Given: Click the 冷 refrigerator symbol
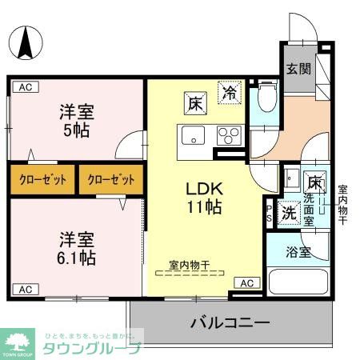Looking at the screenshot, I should point(230,92).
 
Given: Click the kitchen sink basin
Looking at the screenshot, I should point(193,136).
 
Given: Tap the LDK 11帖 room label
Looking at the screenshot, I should point(204,197).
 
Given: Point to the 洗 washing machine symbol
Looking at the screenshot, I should point(289,213).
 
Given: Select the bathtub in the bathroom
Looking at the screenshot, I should point(298,282).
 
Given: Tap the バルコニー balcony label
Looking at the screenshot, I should point(230,324).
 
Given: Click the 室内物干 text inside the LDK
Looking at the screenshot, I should point(189,264).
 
